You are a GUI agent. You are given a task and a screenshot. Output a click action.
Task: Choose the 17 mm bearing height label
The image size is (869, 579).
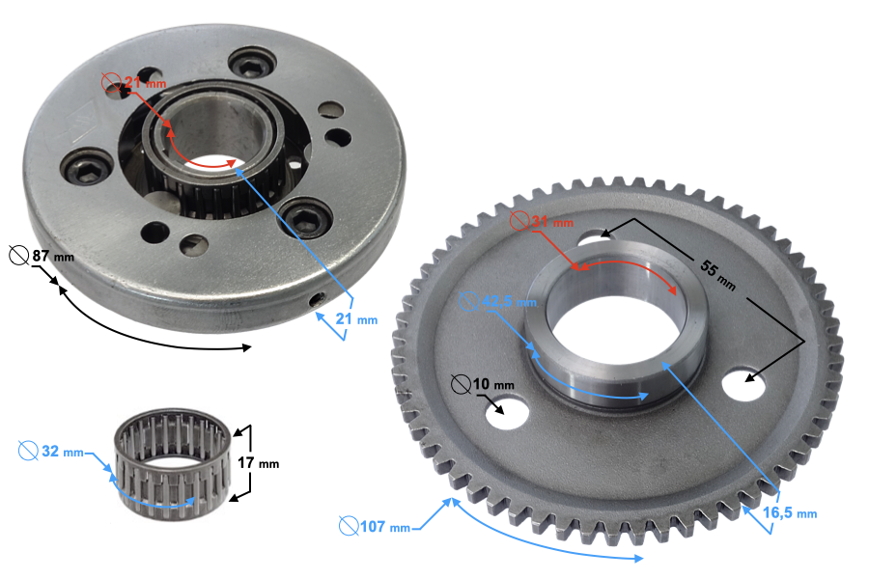click(257, 462)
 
